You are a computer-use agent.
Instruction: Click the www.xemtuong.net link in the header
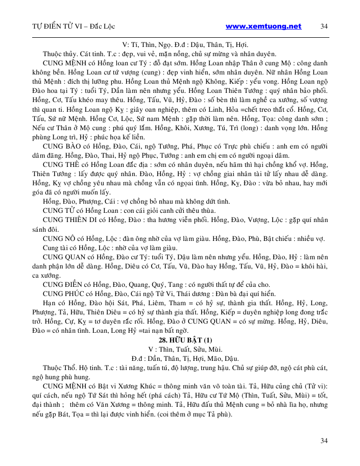263,26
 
